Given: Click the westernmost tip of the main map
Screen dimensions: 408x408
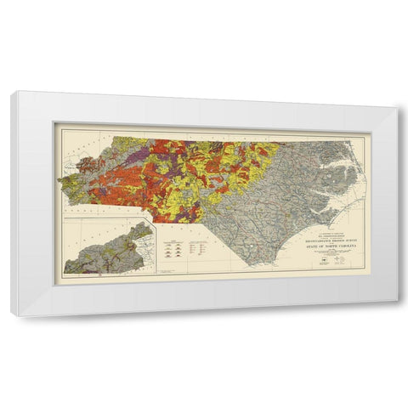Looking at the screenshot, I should tap(59, 178).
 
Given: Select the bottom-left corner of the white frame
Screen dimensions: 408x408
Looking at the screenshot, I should tap(13, 315).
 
